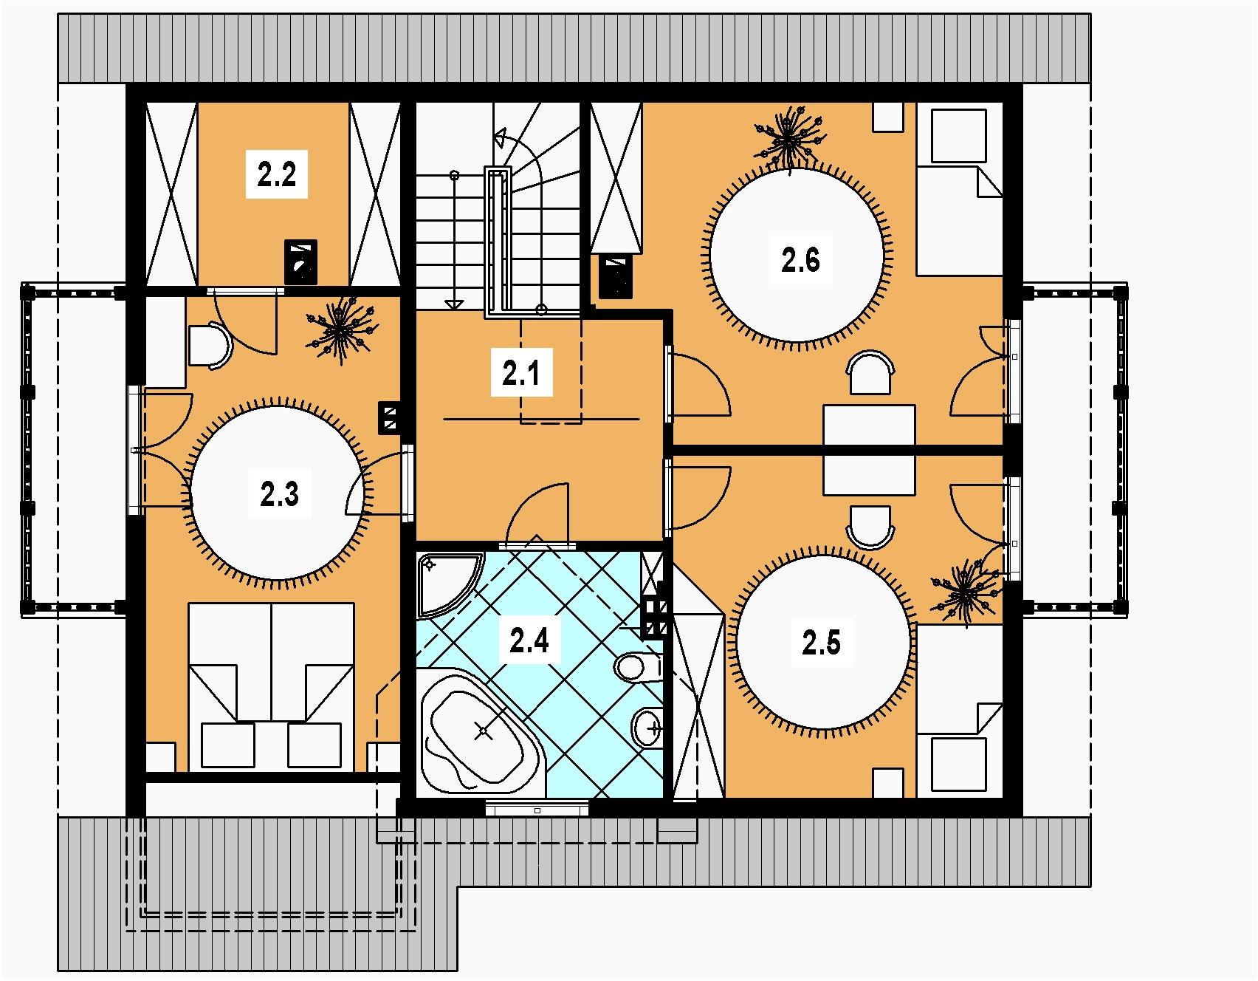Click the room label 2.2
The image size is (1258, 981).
point(277,176)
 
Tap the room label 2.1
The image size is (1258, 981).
point(522,375)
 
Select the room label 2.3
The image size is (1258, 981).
point(279,493)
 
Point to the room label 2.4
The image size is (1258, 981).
point(529,640)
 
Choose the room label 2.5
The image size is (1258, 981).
point(821,643)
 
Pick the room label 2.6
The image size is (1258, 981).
point(800,260)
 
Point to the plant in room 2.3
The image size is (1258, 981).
point(340,333)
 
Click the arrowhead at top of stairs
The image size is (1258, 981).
point(501,138)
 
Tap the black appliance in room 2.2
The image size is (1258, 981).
point(301,262)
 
